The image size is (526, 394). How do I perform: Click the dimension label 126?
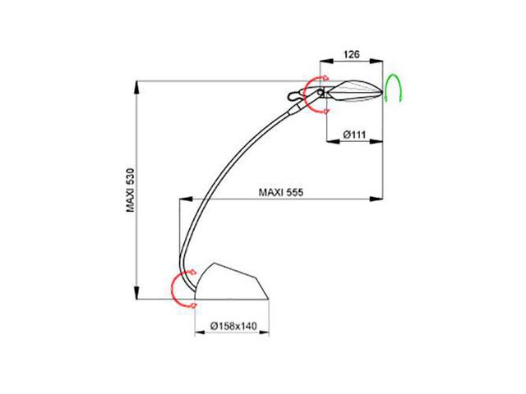tap(351, 54)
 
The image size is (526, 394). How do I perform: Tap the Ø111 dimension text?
tap(354, 135)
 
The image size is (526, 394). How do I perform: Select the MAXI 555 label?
tap(281, 192)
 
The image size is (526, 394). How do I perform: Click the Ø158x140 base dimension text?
tap(233, 326)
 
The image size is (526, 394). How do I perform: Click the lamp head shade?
tap(354, 90)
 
